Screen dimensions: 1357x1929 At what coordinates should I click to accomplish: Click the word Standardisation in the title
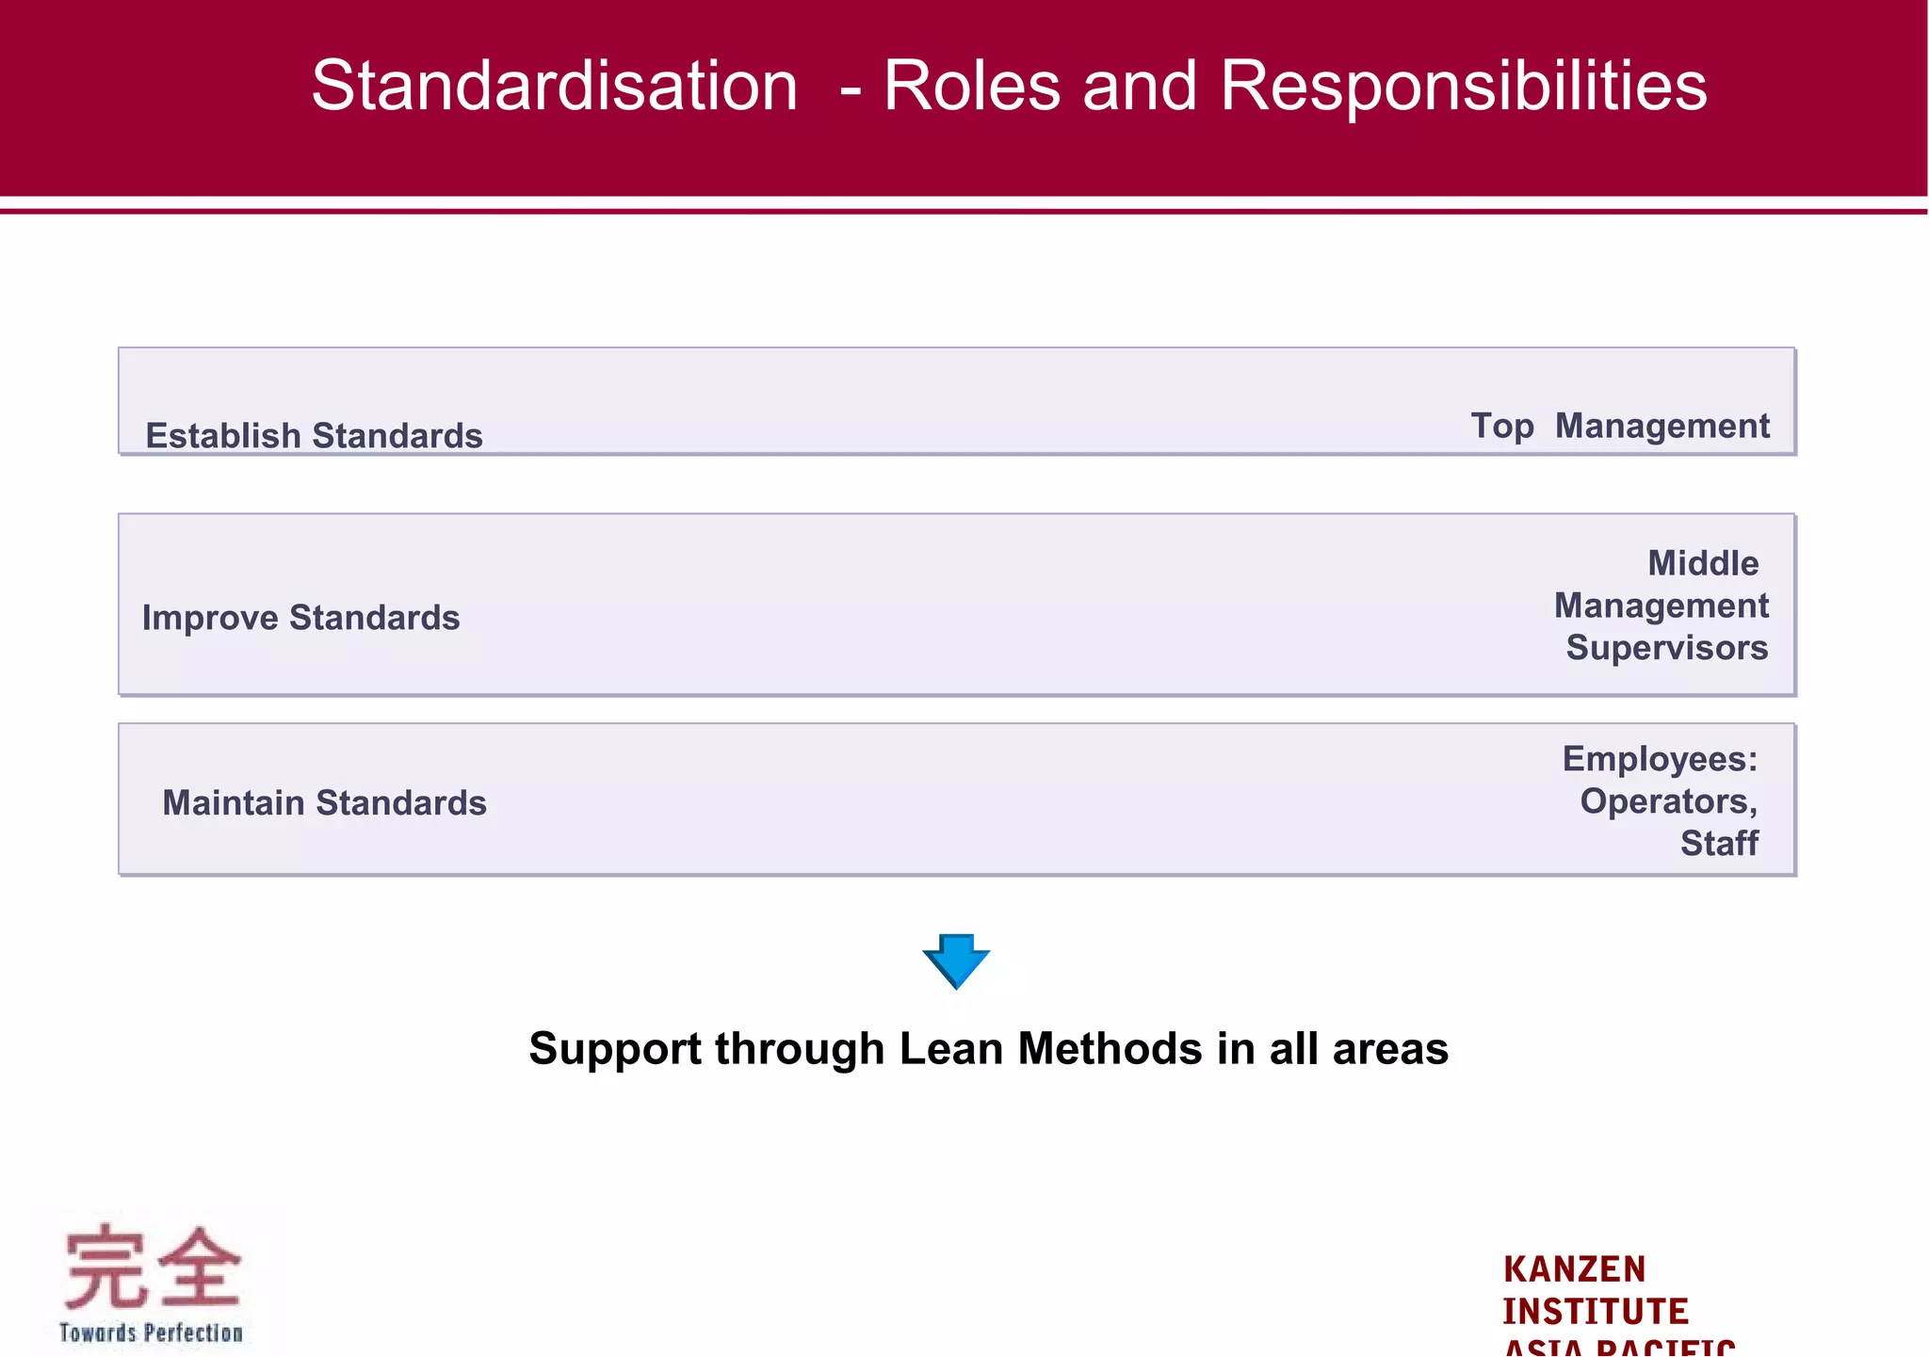click(x=555, y=87)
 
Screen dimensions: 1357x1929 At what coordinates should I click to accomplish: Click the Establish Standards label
click(x=314, y=436)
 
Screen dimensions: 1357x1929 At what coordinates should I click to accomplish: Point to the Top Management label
click(x=1620, y=426)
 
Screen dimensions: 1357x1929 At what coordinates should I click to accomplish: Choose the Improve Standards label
click(x=300, y=618)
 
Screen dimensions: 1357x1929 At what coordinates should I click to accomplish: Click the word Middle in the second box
click(x=1703, y=563)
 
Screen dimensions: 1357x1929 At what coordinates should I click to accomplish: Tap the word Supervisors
click(x=1667, y=648)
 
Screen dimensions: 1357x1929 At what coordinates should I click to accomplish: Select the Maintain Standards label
click(x=324, y=803)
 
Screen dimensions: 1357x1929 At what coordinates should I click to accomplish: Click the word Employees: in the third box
click(x=1660, y=759)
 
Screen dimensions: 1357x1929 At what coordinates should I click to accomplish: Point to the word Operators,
click(x=1669, y=801)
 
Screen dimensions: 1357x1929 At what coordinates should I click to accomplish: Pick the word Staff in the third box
click(x=1719, y=843)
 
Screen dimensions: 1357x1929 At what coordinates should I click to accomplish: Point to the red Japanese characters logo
click(x=152, y=1267)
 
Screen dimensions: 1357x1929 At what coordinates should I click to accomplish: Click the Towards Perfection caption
click(x=151, y=1333)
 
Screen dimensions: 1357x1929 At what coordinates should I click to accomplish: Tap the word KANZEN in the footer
click(x=1574, y=1269)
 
